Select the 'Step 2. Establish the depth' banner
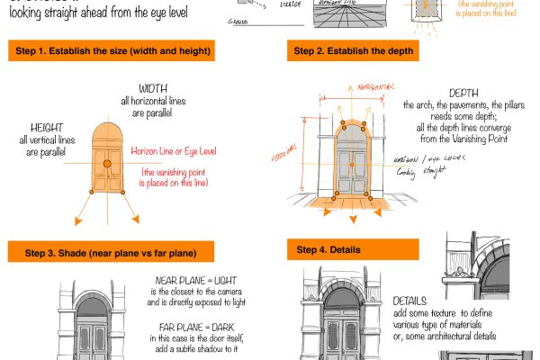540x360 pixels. [353, 51]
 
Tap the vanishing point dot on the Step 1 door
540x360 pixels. [106, 163]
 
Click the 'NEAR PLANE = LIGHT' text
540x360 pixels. [194, 281]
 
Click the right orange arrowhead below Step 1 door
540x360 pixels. [136, 220]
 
